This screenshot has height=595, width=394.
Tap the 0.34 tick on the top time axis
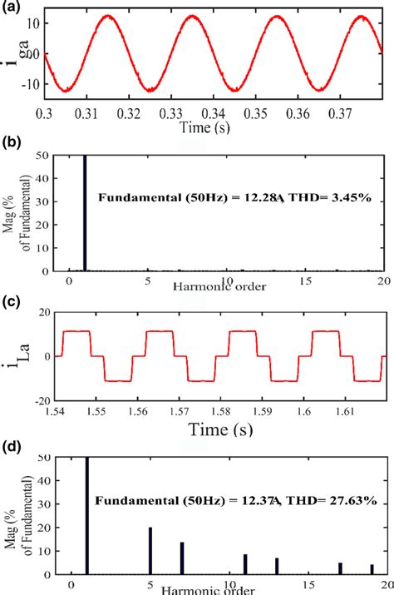(x=214, y=112)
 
